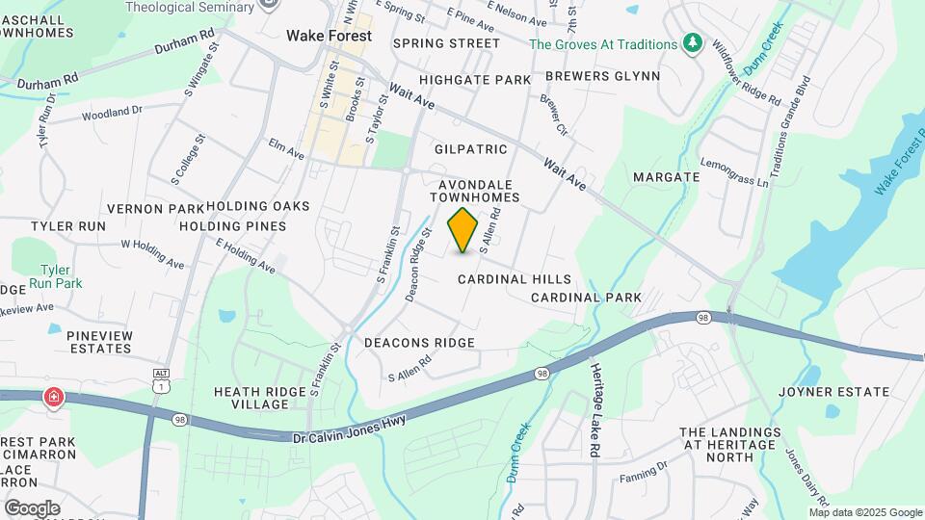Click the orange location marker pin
[463, 229]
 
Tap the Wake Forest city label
[329, 36]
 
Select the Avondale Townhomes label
[479, 190]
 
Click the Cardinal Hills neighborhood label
[514, 279]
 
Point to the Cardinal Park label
[586, 298]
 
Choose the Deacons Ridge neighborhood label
[419, 343]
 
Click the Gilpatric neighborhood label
[470, 150]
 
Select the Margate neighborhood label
[666, 177]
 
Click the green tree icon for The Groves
[691, 43]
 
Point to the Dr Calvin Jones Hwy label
[350, 429]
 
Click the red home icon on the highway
[54, 397]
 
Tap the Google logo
[32, 507]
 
